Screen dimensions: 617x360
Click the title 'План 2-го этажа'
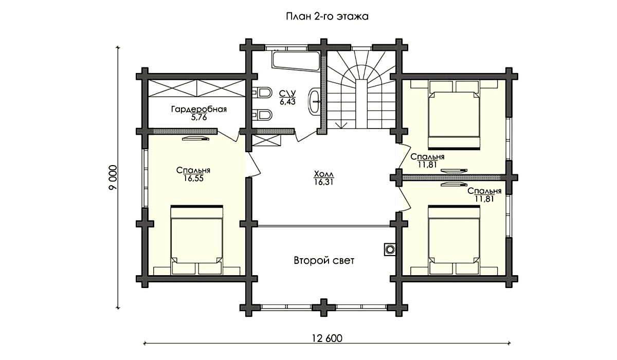pos(327,16)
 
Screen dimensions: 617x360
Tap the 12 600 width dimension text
pos(327,338)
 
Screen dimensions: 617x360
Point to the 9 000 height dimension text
pos(113,177)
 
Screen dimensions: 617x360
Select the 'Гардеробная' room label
pos(199,110)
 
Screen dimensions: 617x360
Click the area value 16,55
pos(194,178)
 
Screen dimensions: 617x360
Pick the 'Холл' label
pos(324,174)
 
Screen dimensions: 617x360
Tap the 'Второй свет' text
pos(324,260)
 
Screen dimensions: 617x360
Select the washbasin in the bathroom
pos(314,101)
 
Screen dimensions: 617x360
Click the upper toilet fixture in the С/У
pos(261,93)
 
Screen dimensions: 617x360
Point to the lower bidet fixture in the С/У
pos(262,115)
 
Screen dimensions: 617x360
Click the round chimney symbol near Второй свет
pos(390,250)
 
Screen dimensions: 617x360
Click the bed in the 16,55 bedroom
pos(196,240)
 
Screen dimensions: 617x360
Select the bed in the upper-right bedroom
pos(454,115)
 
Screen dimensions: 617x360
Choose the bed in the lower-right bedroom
pos(454,240)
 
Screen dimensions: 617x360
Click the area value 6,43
pos(287,102)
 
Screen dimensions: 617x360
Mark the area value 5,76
pos(199,118)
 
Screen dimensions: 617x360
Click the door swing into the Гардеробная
pos(229,136)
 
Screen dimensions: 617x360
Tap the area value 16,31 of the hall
pos(323,182)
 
